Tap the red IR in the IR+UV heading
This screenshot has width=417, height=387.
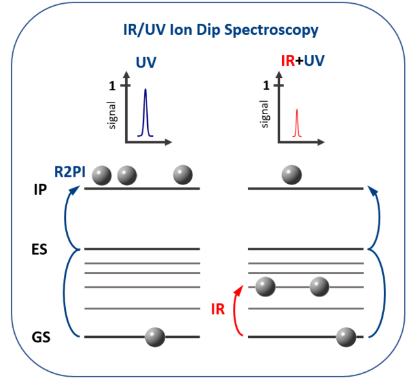pos(289,63)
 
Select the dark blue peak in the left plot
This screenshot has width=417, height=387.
pos(145,113)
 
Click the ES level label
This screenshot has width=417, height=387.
pos(39,249)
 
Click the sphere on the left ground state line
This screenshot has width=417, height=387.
pos(155,337)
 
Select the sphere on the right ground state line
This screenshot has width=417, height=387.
pos(346,337)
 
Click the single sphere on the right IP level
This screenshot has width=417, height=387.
pos(292,174)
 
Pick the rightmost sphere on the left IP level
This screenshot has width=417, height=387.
pos(183,174)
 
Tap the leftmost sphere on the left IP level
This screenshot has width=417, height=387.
pos(102,174)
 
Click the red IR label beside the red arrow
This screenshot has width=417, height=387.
pos(218,308)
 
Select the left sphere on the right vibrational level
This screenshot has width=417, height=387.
pos(266,286)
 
